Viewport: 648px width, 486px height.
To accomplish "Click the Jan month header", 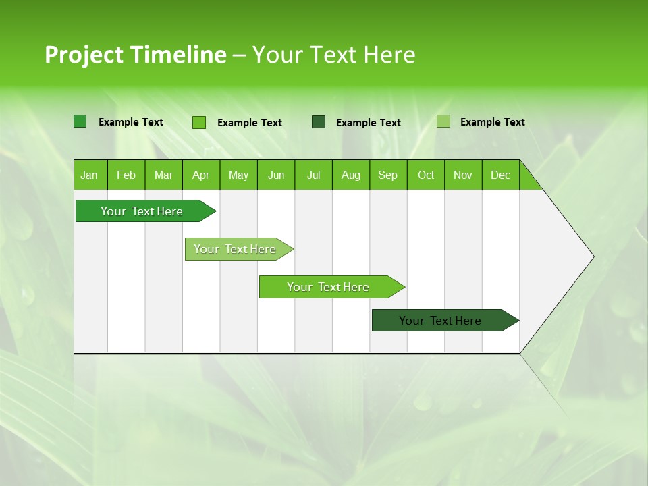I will tap(90, 175).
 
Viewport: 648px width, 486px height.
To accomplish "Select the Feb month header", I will tap(126, 175).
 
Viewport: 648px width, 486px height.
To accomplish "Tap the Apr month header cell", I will tap(201, 175).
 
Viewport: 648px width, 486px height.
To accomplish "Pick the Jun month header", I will tap(276, 175).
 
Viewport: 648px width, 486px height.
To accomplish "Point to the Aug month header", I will tap(351, 175).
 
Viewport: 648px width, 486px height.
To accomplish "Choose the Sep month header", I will tap(388, 175).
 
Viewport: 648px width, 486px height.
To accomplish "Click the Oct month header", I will tap(426, 175).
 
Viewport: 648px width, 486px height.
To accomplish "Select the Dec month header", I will tap(501, 175).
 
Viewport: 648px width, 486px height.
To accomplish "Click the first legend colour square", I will tap(80, 122).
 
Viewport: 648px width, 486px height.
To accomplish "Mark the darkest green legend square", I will tap(319, 122).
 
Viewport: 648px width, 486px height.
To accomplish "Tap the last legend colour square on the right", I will tap(443, 122).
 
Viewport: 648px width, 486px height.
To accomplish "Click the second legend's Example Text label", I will tap(250, 123).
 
